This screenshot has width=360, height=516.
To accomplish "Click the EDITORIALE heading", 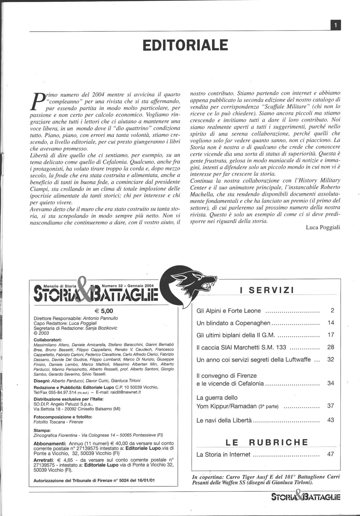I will [x=185, y=45].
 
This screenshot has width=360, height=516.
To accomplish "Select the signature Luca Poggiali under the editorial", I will [x=322, y=227].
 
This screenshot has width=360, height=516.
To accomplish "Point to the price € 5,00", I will [x=104, y=311].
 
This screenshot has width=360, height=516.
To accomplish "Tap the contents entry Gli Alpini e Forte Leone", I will [x=229, y=311].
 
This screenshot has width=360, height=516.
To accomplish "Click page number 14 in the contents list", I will [x=331, y=323].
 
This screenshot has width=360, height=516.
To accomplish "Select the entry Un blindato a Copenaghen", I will [x=233, y=323].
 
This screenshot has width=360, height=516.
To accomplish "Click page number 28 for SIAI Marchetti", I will [x=331, y=347].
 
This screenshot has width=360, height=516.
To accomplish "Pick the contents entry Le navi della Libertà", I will [x=224, y=420].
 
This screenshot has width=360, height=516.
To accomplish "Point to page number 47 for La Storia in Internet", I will [x=331, y=454].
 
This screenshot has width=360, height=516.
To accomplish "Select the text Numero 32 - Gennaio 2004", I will [x=128, y=286].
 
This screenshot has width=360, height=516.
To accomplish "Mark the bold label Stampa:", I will [x=42, y=430].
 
